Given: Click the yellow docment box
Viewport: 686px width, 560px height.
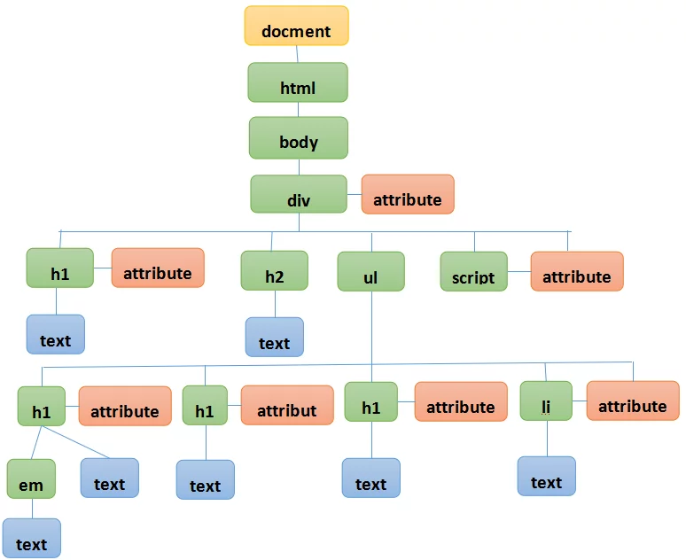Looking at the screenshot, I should click(296, 26).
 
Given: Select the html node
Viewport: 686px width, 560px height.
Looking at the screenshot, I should click(298, 82).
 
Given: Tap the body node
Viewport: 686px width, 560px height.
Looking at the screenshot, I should click(299, 137).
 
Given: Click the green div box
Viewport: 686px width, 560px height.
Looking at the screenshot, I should click(299, 194).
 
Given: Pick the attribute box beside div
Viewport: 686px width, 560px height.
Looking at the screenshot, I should click(408, 194).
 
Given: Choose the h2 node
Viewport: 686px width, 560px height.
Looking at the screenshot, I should click(275, 271).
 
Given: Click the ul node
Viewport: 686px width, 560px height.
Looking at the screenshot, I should click(370, 271).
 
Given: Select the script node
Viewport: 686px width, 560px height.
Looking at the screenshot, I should click(473, 272).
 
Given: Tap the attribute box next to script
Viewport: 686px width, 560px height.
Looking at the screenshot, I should click(577, 271).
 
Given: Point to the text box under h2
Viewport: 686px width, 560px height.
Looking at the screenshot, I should click(275, 338).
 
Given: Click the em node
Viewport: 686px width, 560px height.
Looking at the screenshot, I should click(31, 479).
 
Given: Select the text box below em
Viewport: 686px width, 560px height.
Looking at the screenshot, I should click(31, 538).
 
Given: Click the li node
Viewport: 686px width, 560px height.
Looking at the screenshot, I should click(547, 401).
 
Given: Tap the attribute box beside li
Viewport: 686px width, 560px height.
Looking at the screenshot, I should click(633, 401).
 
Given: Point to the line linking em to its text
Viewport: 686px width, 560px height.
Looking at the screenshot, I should click(31, 509).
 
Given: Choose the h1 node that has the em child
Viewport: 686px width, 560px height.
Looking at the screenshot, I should click(42, 407).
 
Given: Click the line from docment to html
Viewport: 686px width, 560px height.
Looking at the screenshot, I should click(297, 53).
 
